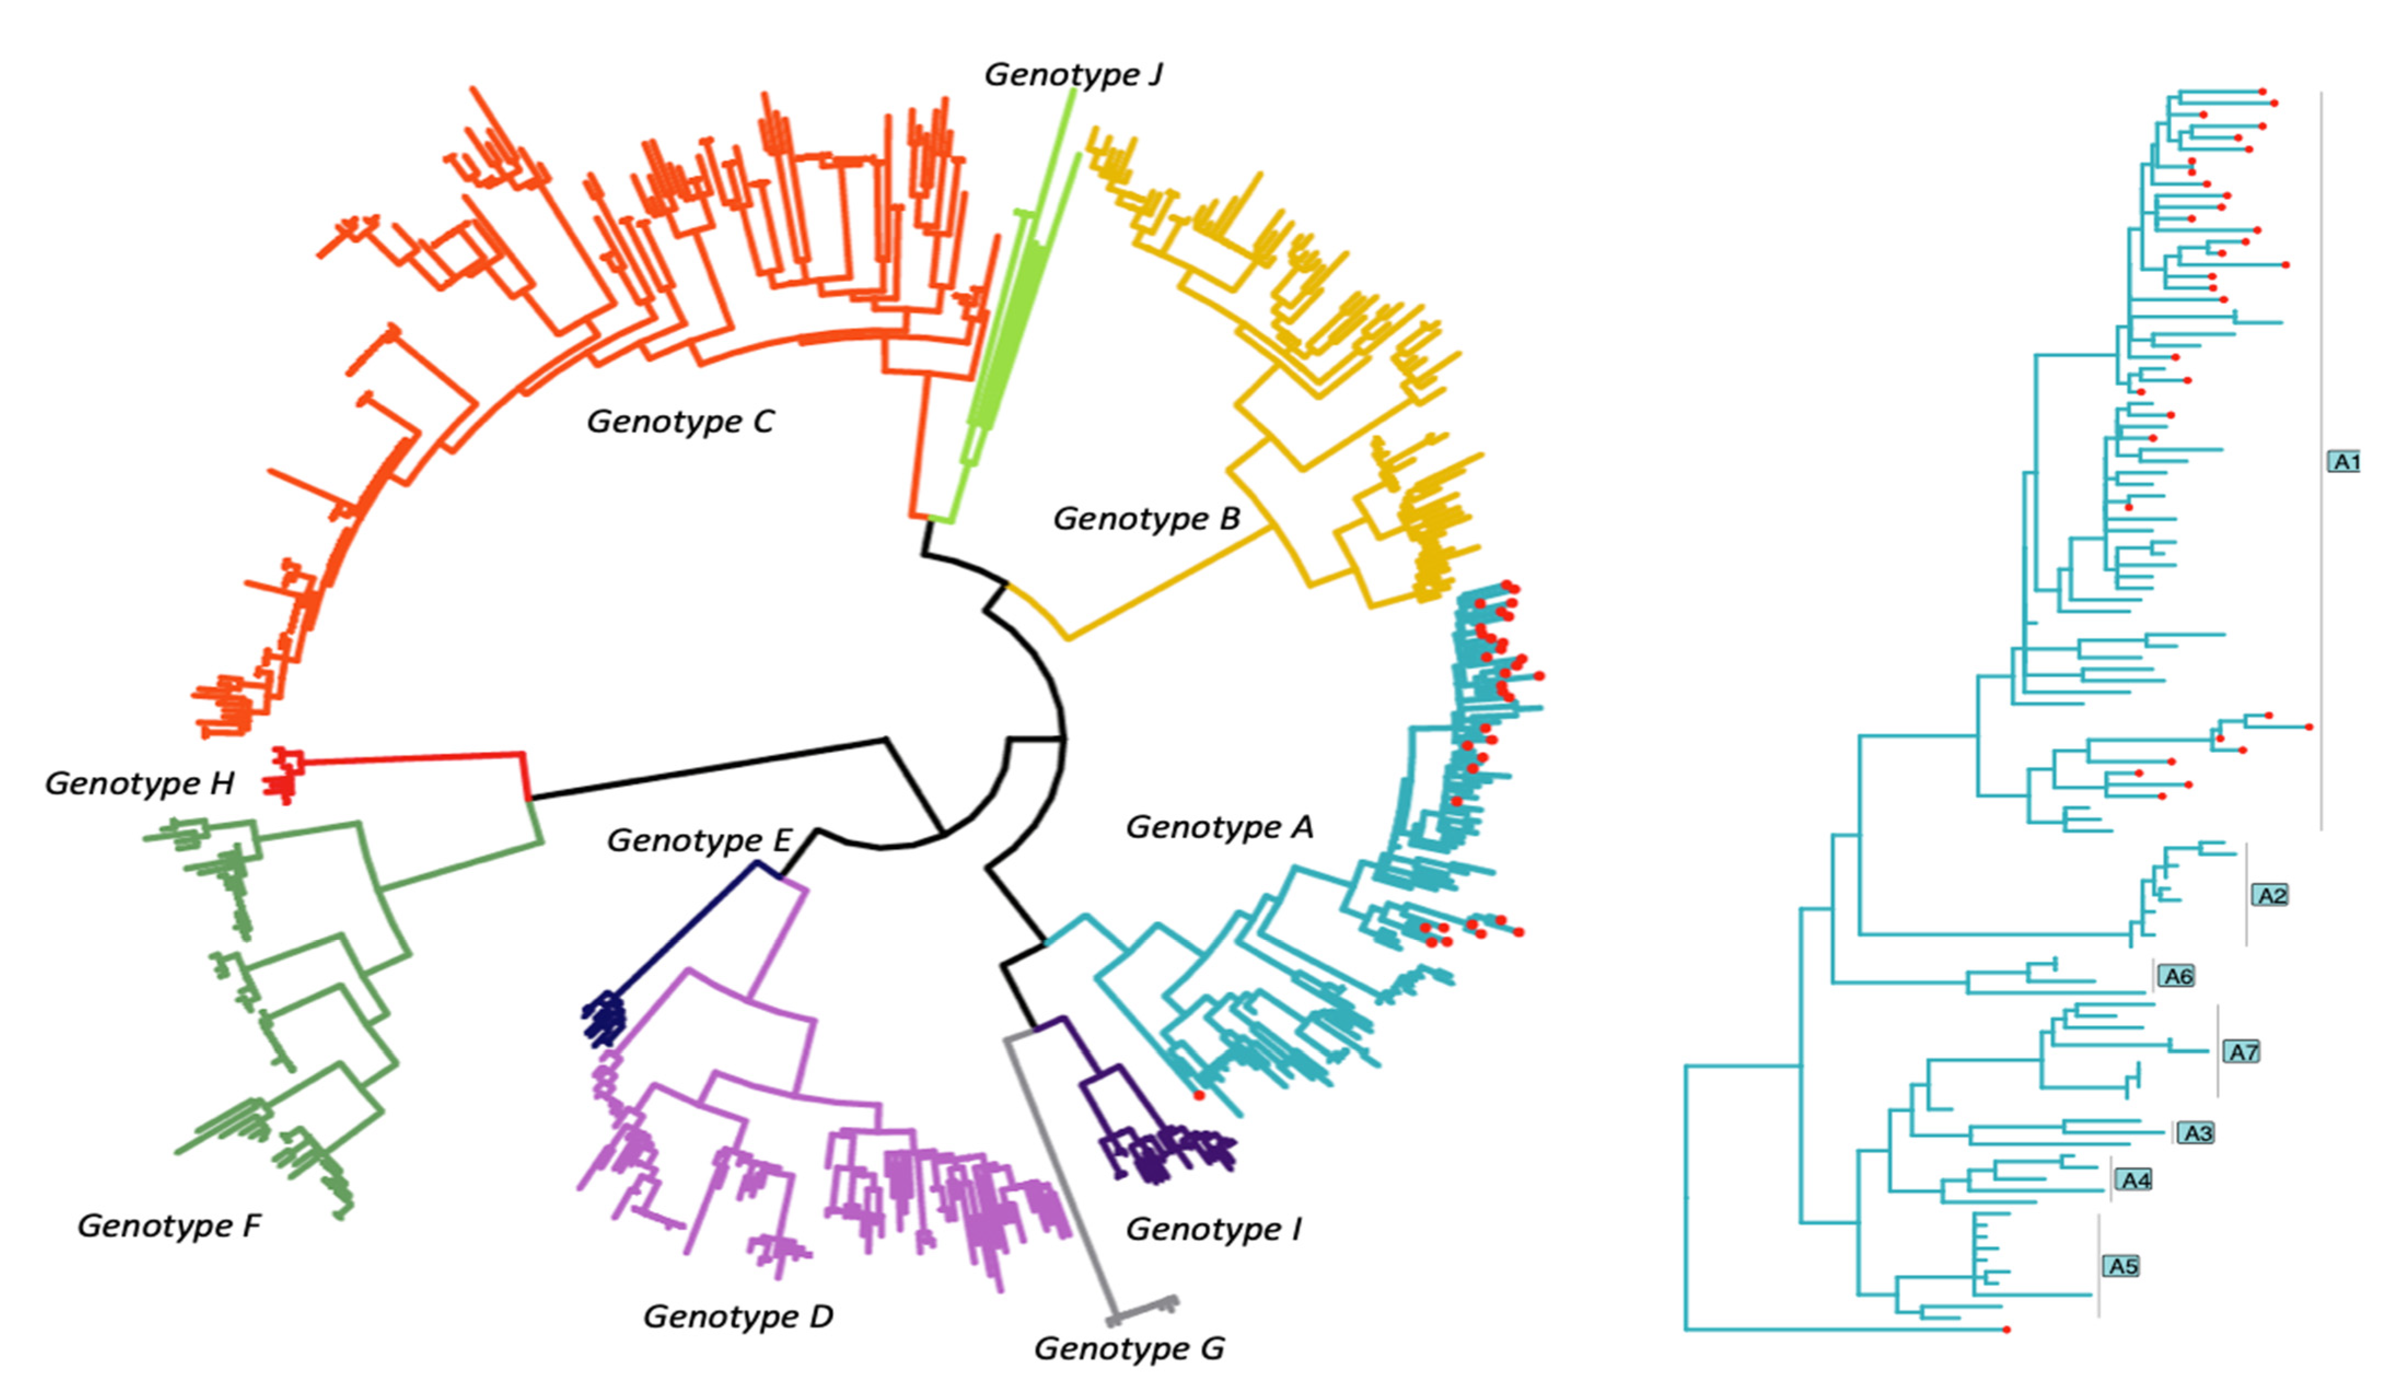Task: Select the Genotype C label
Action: (680, 421)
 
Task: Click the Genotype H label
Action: (140, 783)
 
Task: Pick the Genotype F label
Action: (169, 1225)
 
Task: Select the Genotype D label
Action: (738, 1316)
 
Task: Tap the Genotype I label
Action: (1213, 1229)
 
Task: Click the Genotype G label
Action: (1129, 1347)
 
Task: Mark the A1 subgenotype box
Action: (2344, 462)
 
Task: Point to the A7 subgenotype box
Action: (2242, 1051)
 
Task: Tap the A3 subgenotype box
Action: (2197, 1132)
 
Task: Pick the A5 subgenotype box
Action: (2122, 1266)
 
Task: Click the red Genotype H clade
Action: (284, 775)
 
